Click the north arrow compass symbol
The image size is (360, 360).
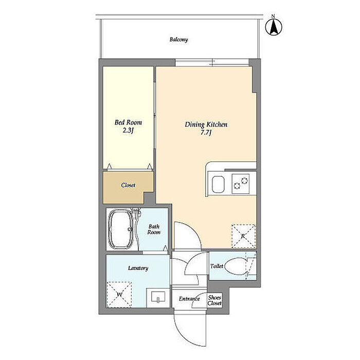(274, 27)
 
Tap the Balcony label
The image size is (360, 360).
(178, 40)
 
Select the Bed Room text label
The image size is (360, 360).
(128, 122)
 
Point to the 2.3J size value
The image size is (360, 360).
(128, 131)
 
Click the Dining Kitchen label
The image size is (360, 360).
(206, 124)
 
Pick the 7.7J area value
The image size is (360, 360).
(206, 133)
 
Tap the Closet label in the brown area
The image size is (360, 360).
(128, 185)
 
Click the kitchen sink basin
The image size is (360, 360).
(218, 184)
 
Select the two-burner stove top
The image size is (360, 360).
(240, 184)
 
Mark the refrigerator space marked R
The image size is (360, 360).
(244, 236)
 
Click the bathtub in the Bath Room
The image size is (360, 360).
(120, 229)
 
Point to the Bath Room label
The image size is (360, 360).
(154, 229)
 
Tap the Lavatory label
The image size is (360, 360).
(138, 268)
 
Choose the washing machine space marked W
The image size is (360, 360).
(119, 295)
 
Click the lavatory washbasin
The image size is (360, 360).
(158, 298)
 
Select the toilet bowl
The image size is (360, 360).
(236, 266)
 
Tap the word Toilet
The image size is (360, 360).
(217, 266)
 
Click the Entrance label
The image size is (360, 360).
(189, 299)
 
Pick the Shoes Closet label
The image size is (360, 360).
(214, 300)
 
